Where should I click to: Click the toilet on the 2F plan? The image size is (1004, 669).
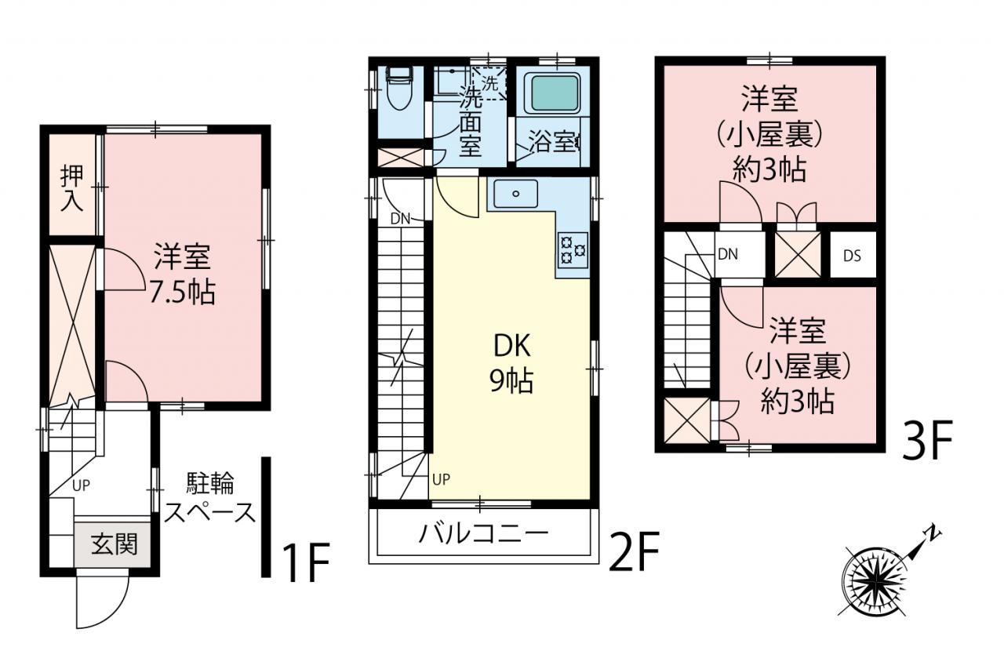pyautogui.click(x=399, y=89)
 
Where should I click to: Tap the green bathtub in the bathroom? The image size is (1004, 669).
pyautogui.click(x=555, y=93)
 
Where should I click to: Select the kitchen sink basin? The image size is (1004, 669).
pyautogui.click(x=516, y=194)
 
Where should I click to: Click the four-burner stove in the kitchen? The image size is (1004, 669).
pyautogui.click(x=573, y=250)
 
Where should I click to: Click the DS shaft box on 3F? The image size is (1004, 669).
pyautogui.click(x=853, y=256)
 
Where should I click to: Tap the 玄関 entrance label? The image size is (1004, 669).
pyautogui.click(x=115, y=544)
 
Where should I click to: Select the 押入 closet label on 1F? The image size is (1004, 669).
pyautogui.click(x=71, y=187)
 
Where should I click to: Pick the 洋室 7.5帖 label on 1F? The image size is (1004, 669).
pyautogui.click(x=182, y=274)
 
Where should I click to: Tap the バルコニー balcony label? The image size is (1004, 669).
pyautogui.click(x=484, y=533)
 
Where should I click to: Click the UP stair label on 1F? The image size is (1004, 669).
pyautogui.click(x=81, y=485)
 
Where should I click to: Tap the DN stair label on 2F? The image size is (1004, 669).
pyautogui.click(x=400, y=219)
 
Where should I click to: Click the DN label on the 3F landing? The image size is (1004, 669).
pyautogui.click(x=728, y=255)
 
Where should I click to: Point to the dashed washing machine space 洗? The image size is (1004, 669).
pyautogui.click(x=489, y=83)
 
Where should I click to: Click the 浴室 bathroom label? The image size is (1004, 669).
pyautogui.click(x=554, y=142)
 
